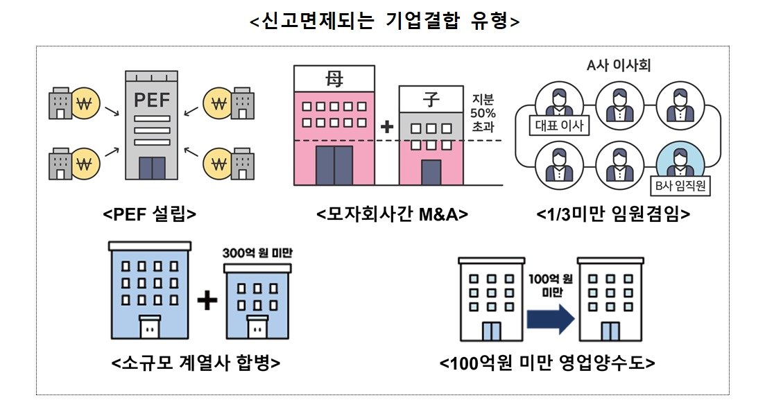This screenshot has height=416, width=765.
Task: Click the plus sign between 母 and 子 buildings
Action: (387, 128)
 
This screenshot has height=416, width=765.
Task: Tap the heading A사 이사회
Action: (617, 66)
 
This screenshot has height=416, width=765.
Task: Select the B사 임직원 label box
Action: (678, 186)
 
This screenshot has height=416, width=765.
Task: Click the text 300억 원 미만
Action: (257, 252)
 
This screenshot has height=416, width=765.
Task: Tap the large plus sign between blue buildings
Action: (207, 300)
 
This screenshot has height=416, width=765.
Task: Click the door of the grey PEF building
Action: (152, 167)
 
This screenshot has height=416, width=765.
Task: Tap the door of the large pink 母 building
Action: (334, 166)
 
